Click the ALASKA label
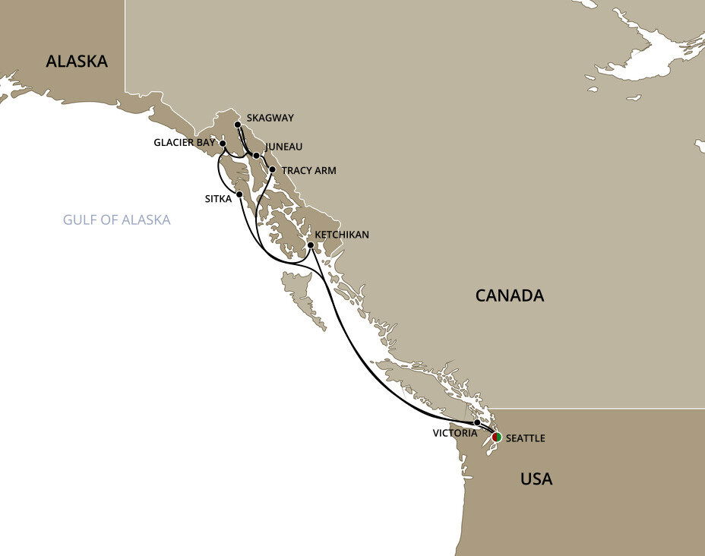pyautogui.click(x=77, y=62)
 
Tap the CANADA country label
pyautogui.click(x=510, y=295)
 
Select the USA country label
pyautogui.click(x=536, y=479)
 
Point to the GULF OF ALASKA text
pyautogui.click(x=117, y=220)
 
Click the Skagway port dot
pyautogui.click(x=238, y=124)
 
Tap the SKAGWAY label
pyautogui.click(x=270, y=118)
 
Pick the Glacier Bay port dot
pyautogui.click(x=223, y=143)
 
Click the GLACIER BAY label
pyautogui.click(x=185, y=143)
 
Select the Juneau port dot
pyautogui.click(x=256, y=156)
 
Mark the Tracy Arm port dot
pyautogui.click(x=272, y=170)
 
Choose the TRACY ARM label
pyautogui.click(x=308, y=171)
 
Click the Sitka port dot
pyautogui.click(x=239, y=194)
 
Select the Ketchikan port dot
pyautogui.click(x=311, y=245)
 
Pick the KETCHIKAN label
pyautogui.click(x=343, y=235)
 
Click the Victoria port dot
pyautogui.click(x=477, y=422)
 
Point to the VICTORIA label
pyautogui.click(x=456, y=434)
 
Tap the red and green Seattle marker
pyautogui.click(x=496, y=437)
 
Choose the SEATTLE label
pyautogui.click(x=525, y=439)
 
